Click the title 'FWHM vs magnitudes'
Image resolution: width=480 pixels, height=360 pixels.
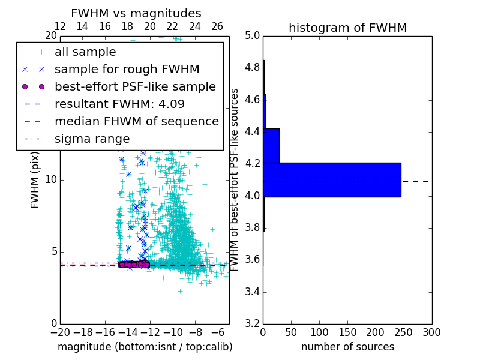click(136, 14)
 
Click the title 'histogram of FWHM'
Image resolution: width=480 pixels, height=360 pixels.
click(347, 28)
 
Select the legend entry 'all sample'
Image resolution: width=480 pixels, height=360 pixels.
click(85, 52)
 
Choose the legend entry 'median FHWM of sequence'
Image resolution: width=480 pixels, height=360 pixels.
click(136, 121)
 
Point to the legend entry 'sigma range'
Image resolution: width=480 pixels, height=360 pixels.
click(92, 139)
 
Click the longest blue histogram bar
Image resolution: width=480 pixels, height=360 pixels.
click(332, 179)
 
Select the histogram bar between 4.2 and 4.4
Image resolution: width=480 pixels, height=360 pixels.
click(271, 145)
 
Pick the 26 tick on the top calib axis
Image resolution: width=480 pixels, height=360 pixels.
click(217, 26)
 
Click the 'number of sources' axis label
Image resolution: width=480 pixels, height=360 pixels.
click(347, 347)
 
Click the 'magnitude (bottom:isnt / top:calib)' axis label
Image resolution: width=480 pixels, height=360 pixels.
click(145, 347)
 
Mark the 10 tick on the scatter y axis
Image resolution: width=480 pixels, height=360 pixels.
click(51, 179)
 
